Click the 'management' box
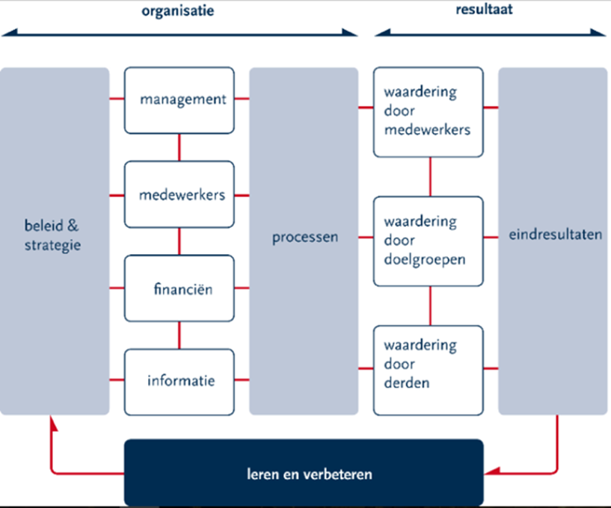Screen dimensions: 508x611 pos(179,100)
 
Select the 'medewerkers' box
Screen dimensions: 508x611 pos(179,196)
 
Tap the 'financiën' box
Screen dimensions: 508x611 pos(179,289)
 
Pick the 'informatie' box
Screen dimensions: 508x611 pos(179,381)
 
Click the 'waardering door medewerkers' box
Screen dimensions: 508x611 pos(428,112)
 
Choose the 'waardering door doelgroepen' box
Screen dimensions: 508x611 pos(428,241)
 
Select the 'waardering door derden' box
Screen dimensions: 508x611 pos(428,370)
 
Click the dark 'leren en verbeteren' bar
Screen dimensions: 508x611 pos(303,474)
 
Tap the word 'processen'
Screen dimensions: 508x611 pos(304,238)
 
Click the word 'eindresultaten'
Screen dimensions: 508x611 pos(555,235)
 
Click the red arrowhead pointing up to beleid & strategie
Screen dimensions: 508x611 pos(52,423)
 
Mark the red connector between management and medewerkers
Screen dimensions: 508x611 pos(179,148)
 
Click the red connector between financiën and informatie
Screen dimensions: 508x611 pos(179,335)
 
